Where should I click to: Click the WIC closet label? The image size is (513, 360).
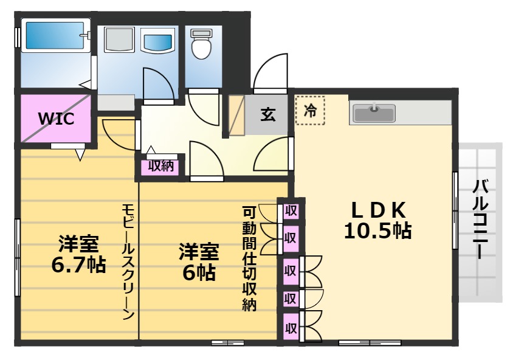(57, 118)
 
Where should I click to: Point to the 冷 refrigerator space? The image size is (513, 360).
(310, 111)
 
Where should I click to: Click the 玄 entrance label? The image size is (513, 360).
(268, 114)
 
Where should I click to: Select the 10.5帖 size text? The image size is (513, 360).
(378, 231)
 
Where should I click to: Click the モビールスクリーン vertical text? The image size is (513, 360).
(127, 261)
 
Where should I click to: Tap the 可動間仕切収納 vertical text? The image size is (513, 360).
(249, 258)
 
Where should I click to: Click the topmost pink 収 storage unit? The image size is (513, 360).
(291, 211)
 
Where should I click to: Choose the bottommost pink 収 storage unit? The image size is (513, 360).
(291, 328)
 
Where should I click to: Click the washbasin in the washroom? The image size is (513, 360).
(157, 43)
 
